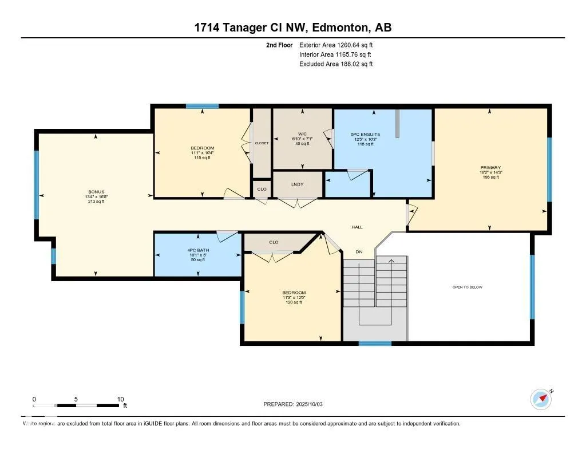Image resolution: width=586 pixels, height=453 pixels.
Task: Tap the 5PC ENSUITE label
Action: pyautogui.click(x=366, y=135)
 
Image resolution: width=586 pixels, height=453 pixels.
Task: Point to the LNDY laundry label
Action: pyautogui.click(x=297, y=184)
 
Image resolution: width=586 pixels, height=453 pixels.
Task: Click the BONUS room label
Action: pyautogui.click(x=96, y=192)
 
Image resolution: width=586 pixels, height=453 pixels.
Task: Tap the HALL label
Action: pyautogui.click(x=357, y=227)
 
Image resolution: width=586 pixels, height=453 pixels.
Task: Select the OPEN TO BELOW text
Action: pyautogui.click(x=467, y=287)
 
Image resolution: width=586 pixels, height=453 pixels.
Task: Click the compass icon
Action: pyautogui.click(x=541, y=399)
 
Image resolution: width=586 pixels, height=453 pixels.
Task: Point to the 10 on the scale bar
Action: pyautogui.click(x=120, y=399)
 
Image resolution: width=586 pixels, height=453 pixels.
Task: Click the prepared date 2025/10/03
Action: pyautogui.click(x=313, y=404)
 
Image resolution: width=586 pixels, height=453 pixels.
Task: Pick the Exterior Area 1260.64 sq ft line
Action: pyautogui.click(x=336, y=45)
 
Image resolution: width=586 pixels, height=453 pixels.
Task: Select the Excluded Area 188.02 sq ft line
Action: pyautogui.click(x=336, y=64)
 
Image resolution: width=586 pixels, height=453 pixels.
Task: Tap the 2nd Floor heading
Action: pyautogui.click(x=279, y=45)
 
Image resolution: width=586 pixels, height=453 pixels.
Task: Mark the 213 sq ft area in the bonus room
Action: pyautogui.click(x=96, y=201)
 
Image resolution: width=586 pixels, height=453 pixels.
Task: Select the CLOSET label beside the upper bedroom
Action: pyautogui.click(x=262, y=143)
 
